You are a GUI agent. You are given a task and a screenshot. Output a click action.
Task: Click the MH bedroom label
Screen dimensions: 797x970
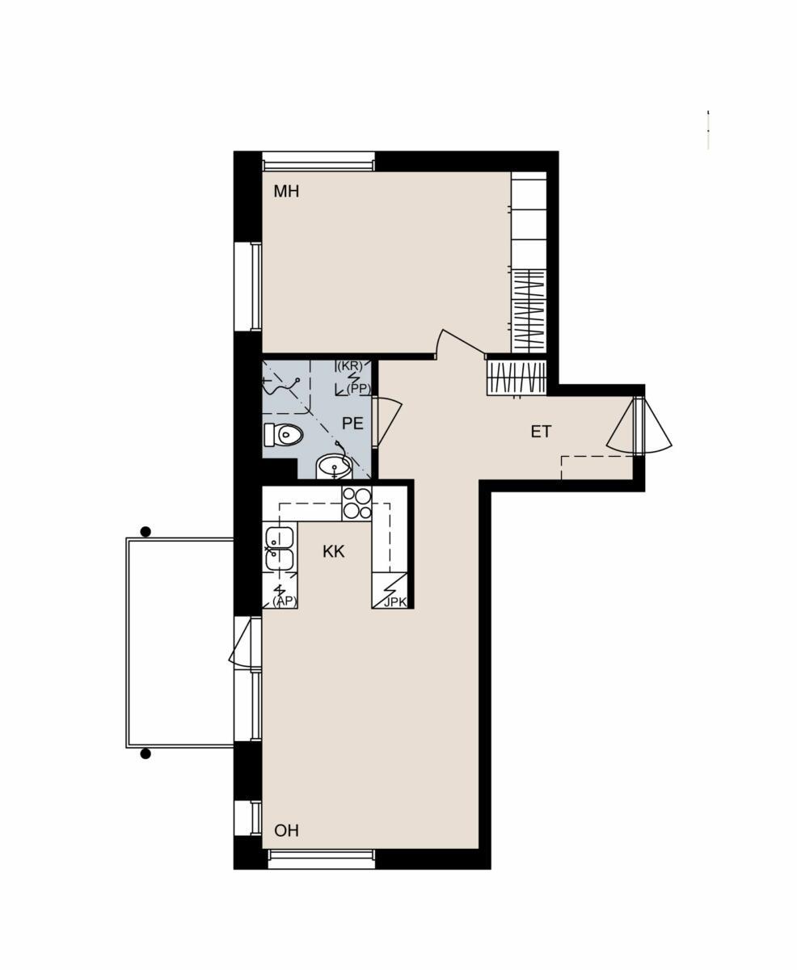(286, 191)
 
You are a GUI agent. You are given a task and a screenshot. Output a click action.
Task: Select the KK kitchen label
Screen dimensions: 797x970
(333, 551)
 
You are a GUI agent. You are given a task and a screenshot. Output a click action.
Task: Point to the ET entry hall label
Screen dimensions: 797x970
(541, 432)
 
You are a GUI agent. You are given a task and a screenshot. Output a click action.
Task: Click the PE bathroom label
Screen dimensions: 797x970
(352, 423)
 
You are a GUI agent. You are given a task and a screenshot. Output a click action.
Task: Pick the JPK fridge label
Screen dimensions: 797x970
(395, 602)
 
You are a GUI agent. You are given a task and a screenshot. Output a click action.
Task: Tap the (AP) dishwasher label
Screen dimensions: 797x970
(285, 601)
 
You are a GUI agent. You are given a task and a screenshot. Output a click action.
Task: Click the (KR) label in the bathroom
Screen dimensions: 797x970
(350, 366)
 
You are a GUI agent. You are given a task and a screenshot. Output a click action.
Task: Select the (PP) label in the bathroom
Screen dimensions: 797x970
(359, 389)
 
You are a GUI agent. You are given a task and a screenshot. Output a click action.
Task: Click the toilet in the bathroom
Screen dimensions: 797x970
(284, 435)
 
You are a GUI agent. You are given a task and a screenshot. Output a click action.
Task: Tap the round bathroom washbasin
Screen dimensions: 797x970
(334, 466)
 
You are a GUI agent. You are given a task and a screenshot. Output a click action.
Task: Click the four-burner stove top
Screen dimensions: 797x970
(357, 504)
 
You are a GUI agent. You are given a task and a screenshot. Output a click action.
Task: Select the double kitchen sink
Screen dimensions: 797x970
(280, 548)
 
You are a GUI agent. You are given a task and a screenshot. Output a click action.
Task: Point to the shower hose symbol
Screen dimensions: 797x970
(281, 389)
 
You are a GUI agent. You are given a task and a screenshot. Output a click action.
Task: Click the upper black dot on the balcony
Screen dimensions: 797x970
(145, 532)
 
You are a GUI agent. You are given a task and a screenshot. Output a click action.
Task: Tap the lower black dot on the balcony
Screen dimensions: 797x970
(145, 715)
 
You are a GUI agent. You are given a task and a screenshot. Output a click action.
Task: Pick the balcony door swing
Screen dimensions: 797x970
(245, 643)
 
